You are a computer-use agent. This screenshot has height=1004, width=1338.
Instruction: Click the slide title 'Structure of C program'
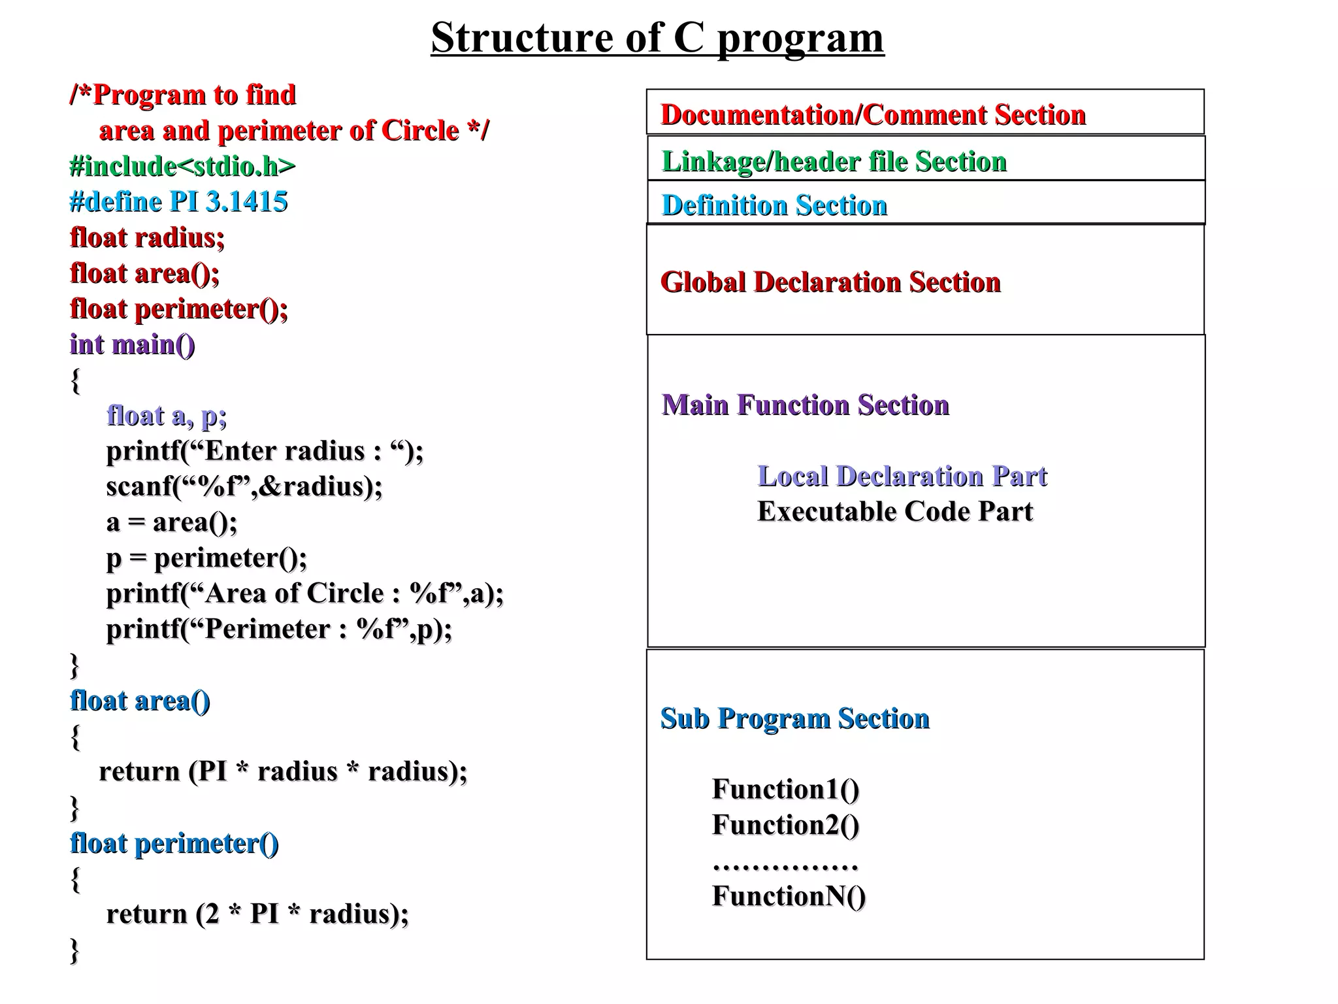tap(657, 38)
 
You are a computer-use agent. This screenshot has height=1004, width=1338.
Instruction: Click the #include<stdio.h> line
tap(182, 166)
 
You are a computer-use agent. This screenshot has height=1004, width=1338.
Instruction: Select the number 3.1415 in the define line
tap(246, 202)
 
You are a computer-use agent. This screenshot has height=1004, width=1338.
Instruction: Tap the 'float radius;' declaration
tap(147, 238)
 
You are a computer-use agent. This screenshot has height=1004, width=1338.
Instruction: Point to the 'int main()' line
tap(132, 344)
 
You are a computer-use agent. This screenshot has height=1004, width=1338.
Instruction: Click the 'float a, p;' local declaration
tap(167, 416)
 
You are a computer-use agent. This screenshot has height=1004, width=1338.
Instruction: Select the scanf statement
tap(244, 486)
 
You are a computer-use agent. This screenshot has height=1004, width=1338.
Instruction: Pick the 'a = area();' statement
tap(172, 522)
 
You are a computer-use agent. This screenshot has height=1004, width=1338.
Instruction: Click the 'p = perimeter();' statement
tap(206, 558)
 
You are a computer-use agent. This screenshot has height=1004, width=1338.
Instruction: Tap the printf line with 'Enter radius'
tap(265, 451)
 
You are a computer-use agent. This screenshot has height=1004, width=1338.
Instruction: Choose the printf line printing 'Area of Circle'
tap(305, 594)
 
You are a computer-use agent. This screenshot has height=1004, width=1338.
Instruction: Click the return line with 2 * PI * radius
tap(257, 914)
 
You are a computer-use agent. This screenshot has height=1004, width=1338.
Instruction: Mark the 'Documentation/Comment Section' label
tap(873, 115)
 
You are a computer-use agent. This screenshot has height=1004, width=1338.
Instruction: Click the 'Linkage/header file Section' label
tap(834, 161)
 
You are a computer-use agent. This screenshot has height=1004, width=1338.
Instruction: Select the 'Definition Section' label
tap(774, 205)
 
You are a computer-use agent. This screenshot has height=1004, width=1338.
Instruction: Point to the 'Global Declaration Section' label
tap(830, 282)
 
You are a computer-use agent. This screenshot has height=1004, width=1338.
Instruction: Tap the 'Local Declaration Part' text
tap(902, 476)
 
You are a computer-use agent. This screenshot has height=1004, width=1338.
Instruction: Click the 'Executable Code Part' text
tap(895, 512)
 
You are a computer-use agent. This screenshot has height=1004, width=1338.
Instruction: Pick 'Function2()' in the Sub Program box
tap(785, 825)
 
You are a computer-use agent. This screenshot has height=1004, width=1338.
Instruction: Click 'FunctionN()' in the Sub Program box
tap(789, 896)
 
